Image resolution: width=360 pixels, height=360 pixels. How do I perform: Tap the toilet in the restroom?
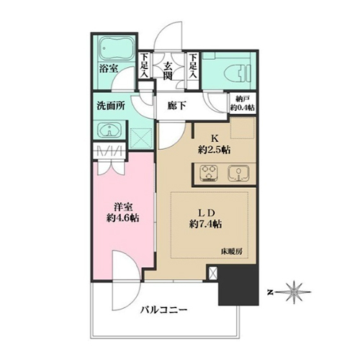(x=238, y=71)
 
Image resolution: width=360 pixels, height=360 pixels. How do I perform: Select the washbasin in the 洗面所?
(x=109, y=131)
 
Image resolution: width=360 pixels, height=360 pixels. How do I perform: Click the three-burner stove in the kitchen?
(x=208, y=173)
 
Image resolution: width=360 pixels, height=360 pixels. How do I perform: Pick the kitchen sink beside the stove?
(x=238, y=173)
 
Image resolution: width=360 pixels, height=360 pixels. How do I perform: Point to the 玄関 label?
(x=168, y=71)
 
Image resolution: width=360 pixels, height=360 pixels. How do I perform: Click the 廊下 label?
(x=176, y=105)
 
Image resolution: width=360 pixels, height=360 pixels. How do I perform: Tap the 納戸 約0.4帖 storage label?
(x=243, y=104)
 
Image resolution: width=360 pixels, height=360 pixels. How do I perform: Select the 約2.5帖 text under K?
(x=214, y=150)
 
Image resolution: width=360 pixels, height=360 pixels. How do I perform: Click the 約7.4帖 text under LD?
(x=205, y=224)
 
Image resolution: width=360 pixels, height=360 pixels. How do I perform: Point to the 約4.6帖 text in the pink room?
(x=123, y=218)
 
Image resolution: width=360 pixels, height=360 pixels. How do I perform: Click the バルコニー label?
(x=163, y=310)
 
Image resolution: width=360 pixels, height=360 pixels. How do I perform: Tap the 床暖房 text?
(x=231, y=252)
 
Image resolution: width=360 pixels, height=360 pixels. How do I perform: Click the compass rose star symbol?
(x=294, y=292)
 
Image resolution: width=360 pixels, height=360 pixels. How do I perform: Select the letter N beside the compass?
(x=271, y=292)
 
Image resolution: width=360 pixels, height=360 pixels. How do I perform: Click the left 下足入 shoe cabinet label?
(x=144, y=66)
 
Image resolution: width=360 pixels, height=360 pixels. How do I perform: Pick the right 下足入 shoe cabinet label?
(x=193, y=66)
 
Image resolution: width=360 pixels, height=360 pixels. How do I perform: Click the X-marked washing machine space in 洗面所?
(x=142, y=138)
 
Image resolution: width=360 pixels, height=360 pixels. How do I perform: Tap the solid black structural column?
(x=238, y=285)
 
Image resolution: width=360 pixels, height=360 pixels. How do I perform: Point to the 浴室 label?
(x=109, y=69)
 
